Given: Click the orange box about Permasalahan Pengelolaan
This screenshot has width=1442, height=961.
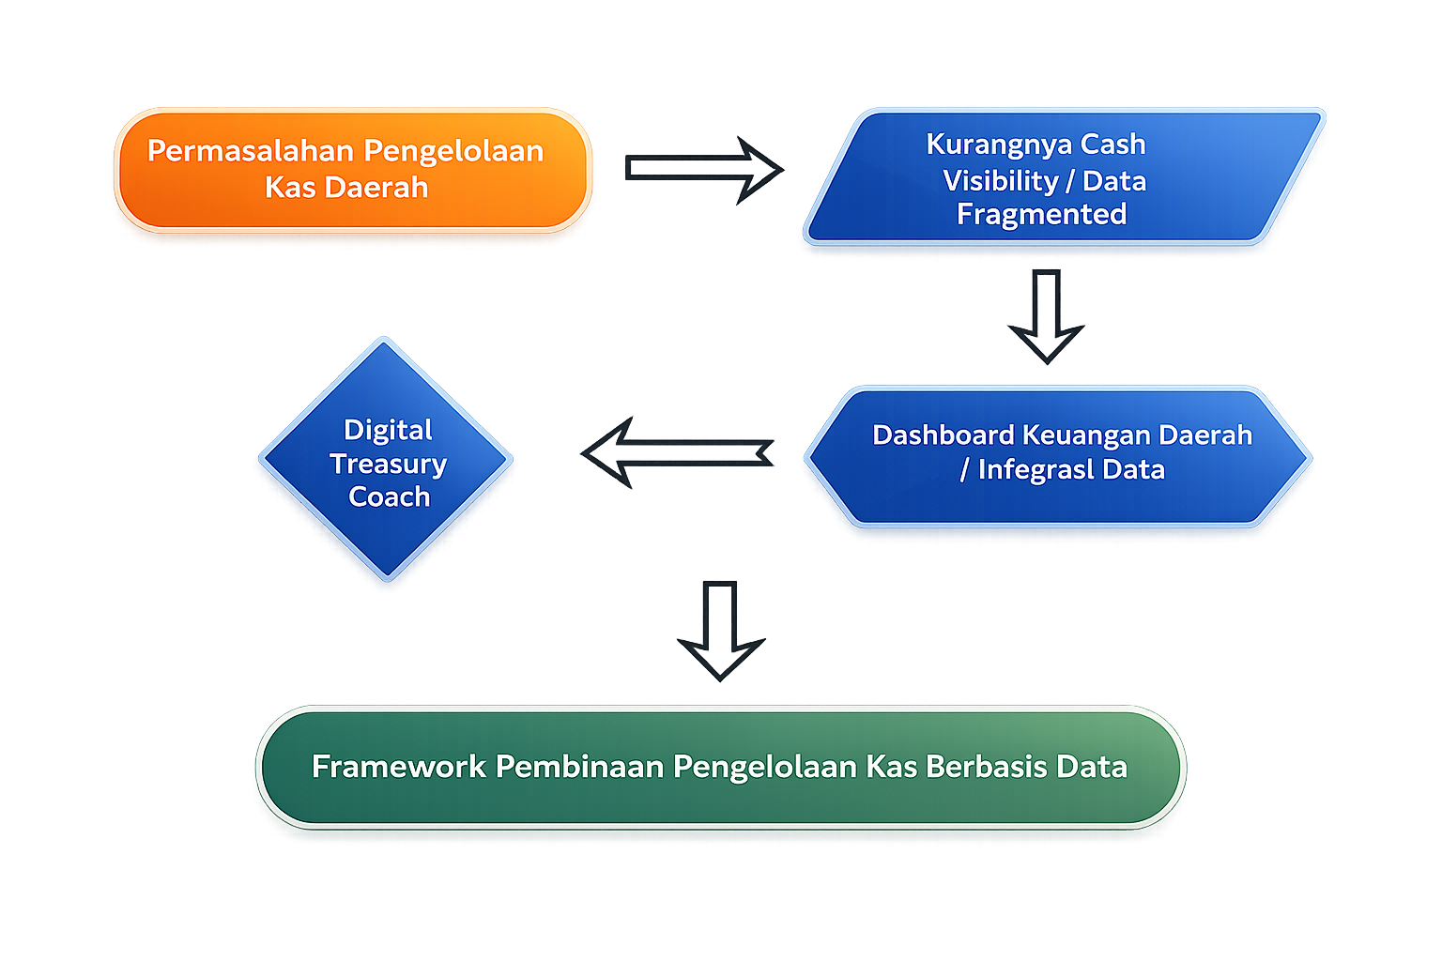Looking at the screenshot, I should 352,170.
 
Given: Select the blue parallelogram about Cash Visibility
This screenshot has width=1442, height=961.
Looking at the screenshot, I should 1064,177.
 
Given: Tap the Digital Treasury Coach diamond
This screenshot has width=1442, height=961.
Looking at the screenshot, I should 386,460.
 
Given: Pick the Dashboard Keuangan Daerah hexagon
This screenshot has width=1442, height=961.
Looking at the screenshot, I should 1058,456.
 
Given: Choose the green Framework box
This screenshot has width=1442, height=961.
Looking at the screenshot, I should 720,767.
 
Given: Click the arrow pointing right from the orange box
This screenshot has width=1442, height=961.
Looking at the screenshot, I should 704,169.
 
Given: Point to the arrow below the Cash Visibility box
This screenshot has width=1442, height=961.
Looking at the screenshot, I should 1046,315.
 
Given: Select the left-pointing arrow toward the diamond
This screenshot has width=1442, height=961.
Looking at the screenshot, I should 677,453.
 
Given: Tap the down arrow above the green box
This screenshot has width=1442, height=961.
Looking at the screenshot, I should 720,630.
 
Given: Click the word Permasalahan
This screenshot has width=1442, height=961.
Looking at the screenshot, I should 251,151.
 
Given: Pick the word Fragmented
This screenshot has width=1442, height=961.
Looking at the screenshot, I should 1041,215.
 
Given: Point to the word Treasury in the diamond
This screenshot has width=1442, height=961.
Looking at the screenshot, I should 388,464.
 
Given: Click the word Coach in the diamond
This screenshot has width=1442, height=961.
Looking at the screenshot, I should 389,496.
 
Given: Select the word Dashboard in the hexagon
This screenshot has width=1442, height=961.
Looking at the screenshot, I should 943,435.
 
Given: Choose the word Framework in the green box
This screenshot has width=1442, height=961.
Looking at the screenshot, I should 398,767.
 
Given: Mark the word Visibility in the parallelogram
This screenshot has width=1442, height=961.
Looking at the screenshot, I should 1001,180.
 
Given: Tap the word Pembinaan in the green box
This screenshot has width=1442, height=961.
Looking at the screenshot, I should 579,767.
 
